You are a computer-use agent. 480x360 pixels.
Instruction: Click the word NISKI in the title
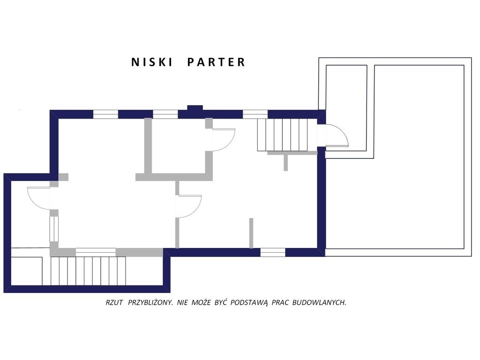[x=152, y=62]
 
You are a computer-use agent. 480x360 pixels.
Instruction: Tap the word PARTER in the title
[x=216, y=62]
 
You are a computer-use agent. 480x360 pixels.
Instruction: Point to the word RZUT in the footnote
[x=114, y=303]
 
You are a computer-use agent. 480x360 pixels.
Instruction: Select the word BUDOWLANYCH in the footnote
[x=319, y=303]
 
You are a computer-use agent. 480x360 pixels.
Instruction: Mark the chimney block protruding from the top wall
[x=195, y=108]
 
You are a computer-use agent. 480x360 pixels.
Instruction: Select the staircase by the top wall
[x=282, y=135]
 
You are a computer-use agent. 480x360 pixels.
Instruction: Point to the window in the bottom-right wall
[x=273, y=253]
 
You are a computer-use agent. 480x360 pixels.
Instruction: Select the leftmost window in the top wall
[x=105, y=114]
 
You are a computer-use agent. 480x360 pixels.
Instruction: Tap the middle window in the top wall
[x=165, y=114]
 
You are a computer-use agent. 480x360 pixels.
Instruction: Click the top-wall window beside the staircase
[x=255, y=114]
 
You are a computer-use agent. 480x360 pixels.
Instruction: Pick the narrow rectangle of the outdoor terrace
[x=346, y=108]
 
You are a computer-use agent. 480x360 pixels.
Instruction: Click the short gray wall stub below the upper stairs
[x=285, y=162]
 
